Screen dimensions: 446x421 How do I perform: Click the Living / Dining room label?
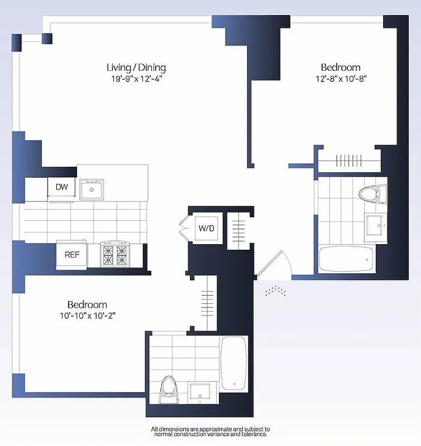click(x=136, y=67)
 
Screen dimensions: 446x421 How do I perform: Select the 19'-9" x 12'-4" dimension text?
click(x=136, y=79)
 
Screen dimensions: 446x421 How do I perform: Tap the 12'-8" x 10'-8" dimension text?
click(x=341, y=79)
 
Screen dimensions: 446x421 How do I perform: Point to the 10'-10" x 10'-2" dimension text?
click(x=87, y=316)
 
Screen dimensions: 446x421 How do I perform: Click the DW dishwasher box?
click(x=61, y=187)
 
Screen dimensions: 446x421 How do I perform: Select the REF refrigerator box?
click(x=71, y=256)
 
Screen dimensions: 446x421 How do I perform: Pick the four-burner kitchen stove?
click(x=115, y=254)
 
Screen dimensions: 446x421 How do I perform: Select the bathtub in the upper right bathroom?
click(x=346, y=259)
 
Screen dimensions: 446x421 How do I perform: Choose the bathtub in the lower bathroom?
click(x=234, y=363)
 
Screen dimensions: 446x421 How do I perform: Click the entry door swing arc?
click(x=277, y=262)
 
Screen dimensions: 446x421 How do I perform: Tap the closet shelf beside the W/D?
click(x=238, y=229)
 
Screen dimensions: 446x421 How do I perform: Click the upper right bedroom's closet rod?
click(x=350, y=161)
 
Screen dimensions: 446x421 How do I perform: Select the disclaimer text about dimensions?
click(x=210, y=432)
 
